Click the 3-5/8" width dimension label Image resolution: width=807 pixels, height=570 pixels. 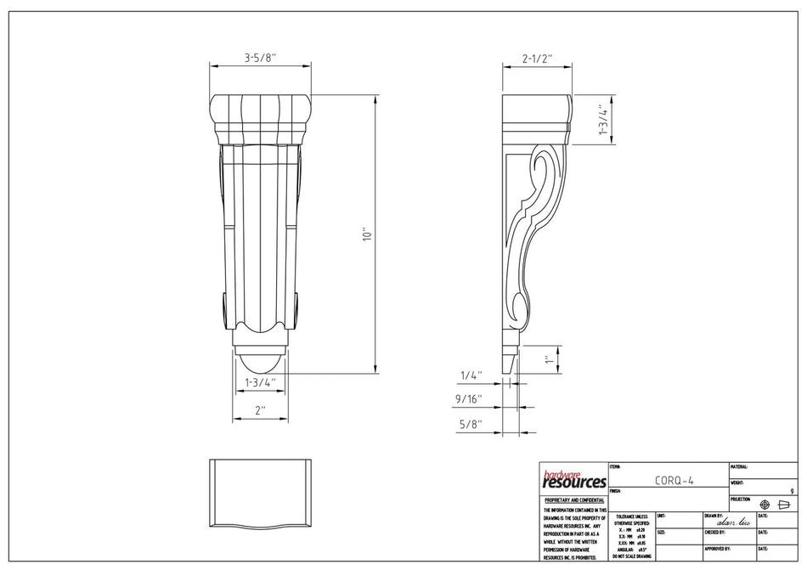[x=260, y=59]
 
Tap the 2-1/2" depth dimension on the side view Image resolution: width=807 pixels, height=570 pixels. [x=537, y=59]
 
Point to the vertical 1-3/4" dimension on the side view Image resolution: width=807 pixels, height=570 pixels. [x=602, y=121]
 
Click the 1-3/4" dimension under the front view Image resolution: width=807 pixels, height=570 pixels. [x=260, y=382]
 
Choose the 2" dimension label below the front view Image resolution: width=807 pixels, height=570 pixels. [x=260, y=409]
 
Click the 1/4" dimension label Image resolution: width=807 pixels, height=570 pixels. [x=471, y=375]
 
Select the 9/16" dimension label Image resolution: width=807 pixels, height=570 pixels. [x=468, y=398]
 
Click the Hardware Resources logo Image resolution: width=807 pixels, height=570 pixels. [x=573, y=480]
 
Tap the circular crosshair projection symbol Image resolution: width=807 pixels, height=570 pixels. [x=765, y=505]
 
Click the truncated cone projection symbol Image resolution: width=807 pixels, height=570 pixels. [x=784, y=505]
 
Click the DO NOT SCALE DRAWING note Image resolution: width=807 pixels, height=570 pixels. [x=632, y=556]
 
